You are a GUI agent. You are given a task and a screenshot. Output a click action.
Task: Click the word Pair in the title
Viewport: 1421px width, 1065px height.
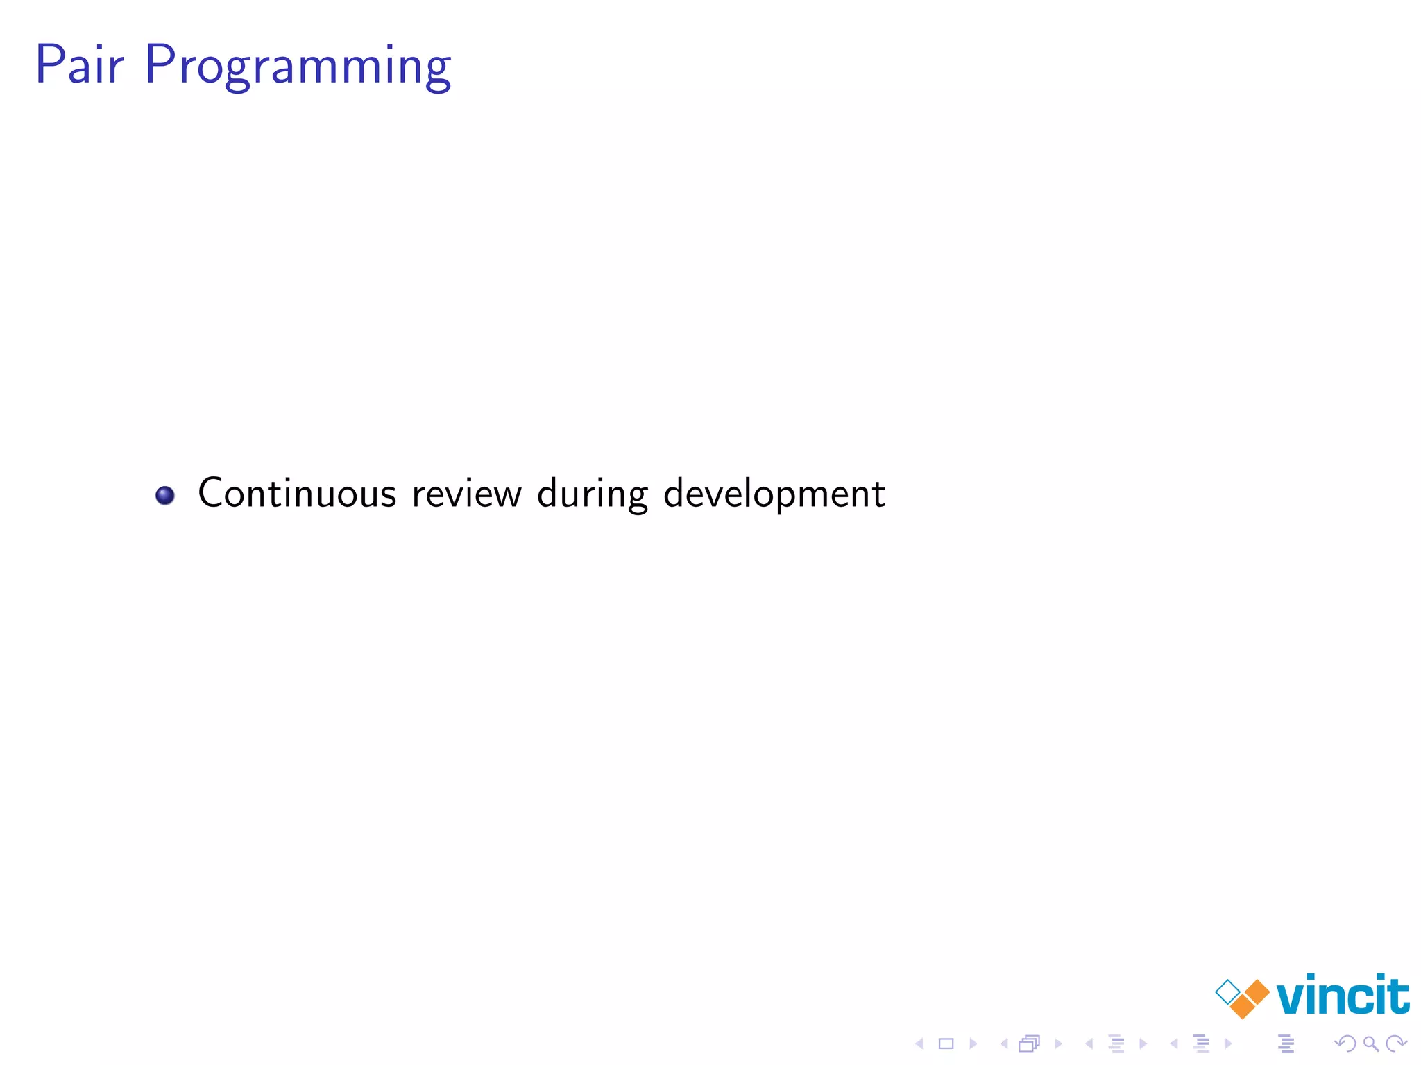(x=79, y=64)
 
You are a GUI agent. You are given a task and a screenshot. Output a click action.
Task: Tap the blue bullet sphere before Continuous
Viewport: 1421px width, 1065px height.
(x=165, y=496)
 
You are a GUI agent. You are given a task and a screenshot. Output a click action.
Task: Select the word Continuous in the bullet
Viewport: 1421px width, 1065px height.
(x=297, y=494)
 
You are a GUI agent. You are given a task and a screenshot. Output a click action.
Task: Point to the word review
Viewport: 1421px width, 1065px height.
(x=466, y=494)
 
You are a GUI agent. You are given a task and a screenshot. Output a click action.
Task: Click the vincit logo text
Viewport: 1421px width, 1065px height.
(x=1343, y=996)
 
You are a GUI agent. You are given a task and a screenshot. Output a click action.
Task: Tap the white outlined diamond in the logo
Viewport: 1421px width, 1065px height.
(x=1228, y=992)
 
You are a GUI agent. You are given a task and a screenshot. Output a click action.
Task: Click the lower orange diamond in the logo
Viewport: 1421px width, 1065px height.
(x=1243, y=1006)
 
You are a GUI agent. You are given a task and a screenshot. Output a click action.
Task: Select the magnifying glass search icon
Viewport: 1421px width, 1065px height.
(x=1370, y=1044)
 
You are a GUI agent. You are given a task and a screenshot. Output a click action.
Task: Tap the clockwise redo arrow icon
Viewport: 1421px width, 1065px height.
(x=1395, y=1044)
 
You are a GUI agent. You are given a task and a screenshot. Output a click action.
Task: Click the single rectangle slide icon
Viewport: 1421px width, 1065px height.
(x=946, y=1044)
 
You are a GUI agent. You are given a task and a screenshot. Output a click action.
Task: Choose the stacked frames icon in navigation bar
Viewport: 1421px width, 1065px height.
(x=1030, y=1044)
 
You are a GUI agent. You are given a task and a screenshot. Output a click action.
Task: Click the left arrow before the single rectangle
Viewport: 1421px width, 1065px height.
(x=919, y=1044)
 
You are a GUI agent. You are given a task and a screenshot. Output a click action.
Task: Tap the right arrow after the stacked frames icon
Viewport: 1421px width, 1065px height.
(x=1058, y=1044)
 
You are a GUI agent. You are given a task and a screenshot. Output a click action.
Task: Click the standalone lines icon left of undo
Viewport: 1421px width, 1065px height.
(x=1286, y=1044)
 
